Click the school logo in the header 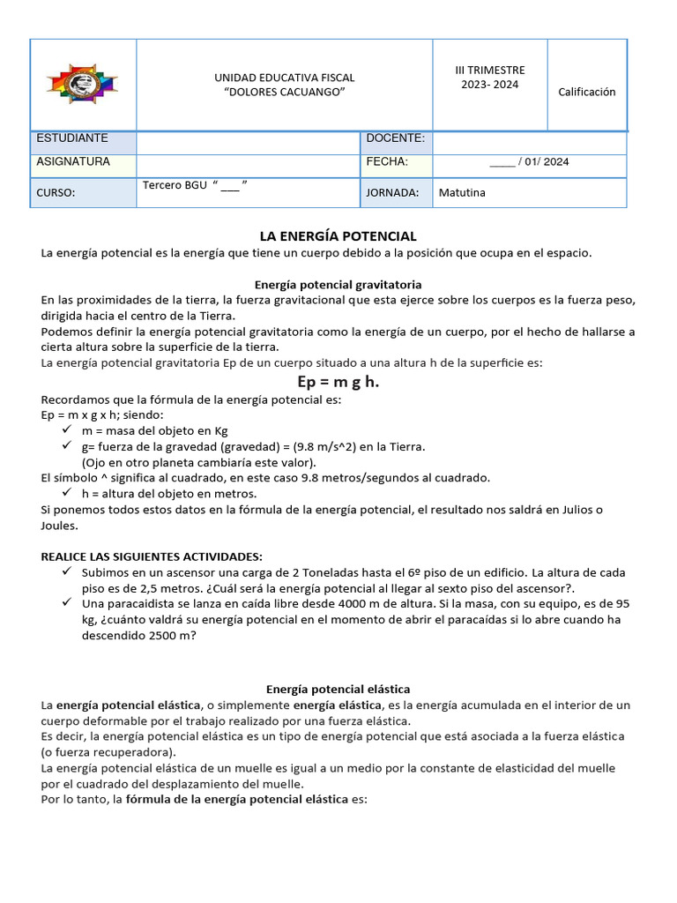(x=83, y=85)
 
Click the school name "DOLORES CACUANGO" (x=285, y=93)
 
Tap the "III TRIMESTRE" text (x=489, y=70)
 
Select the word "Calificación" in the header (x=587, y=92)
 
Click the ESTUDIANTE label (x=72, y=138)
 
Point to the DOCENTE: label (x=395, y=138)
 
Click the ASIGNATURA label (x=73, y=162)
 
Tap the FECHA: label (x=387, y=162)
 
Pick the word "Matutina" (x=462, y=193)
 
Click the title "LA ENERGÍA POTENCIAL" (x=338, y=236)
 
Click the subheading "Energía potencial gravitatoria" (x=338, y=285)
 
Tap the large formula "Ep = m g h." (x=338, y=381)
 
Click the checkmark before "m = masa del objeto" (x=68, y=429)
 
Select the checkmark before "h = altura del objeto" (x=68, y=493)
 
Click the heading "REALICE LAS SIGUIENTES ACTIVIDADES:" (x=152, y=556)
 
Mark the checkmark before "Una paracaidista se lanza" (x=68, y=603)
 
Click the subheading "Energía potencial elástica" (x=338, y=689)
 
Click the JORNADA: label (x=392, y=193)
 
